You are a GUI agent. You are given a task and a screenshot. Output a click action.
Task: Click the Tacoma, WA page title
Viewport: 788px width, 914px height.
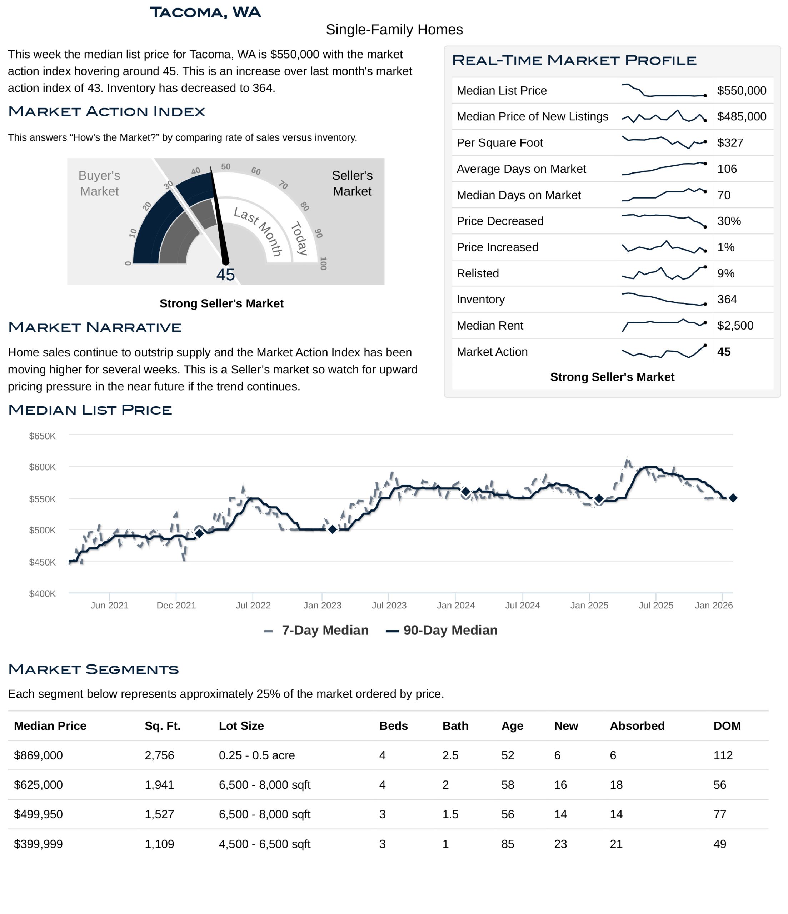click(x=205, y=12)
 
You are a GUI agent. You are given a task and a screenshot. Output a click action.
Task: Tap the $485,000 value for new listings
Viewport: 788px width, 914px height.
click(x=741, y=116)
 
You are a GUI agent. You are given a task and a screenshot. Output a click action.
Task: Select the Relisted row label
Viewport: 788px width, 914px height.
click(x=477, y=273)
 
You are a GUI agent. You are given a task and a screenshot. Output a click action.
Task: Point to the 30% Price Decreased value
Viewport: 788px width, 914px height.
click(x=729, y=221)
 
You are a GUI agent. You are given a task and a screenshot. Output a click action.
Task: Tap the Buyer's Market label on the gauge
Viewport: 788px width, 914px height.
click(x=99, y=183)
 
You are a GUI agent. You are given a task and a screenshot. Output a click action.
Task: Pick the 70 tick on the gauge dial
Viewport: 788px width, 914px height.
click(x=283, y=185)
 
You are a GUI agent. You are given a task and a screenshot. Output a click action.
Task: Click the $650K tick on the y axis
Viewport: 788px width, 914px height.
click(x=43, y=436)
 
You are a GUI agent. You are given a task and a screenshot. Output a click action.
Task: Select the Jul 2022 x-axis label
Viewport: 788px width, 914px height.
click(x=253, y=605)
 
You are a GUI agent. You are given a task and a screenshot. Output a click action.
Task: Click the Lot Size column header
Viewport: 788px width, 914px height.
click(x=241, y=726)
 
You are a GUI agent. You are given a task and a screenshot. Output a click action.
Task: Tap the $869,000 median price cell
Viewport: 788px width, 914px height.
click(x=39, y=755)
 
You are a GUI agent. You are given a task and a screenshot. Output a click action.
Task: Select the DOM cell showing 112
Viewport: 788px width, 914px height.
click(x=723, y=755)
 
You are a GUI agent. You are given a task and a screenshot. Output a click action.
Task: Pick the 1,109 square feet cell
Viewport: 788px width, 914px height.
click(x=159, y=844)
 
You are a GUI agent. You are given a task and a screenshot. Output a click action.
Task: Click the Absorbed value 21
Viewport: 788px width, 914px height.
click(x=616, y=844)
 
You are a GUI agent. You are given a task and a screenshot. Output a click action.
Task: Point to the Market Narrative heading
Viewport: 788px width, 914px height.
click(x=94, y=327)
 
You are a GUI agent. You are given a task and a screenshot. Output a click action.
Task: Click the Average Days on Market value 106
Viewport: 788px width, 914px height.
click(x=727, y=169)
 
